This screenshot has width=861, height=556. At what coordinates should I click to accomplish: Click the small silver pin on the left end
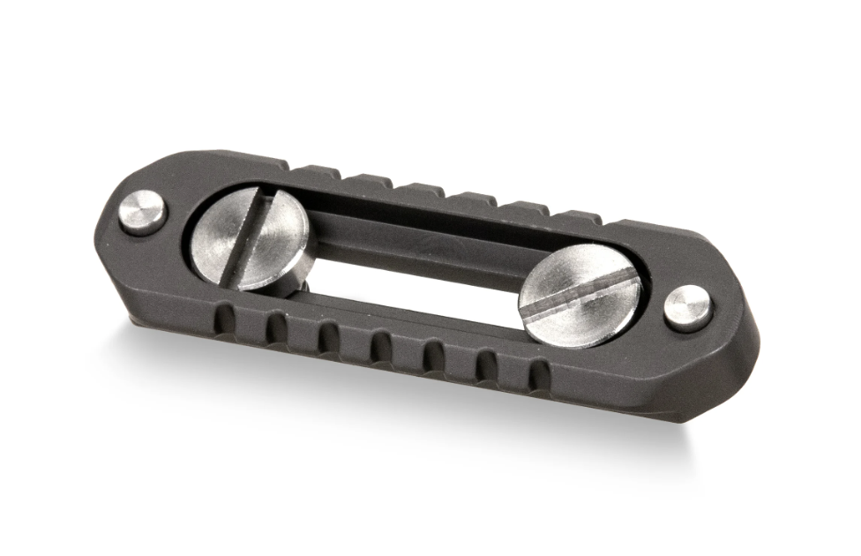coord(143,213)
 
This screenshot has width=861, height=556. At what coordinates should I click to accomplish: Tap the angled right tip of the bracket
coord(754,353)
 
